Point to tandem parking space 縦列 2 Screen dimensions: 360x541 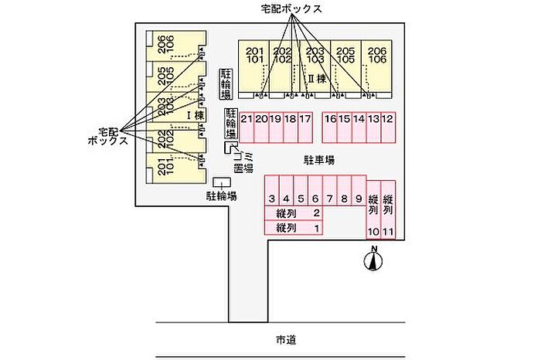[x=294, y=214]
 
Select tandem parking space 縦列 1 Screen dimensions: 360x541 [x=294, y=228]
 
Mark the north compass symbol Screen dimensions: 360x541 [x=374, y=261]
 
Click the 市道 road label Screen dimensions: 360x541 [x=286, y=339]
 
